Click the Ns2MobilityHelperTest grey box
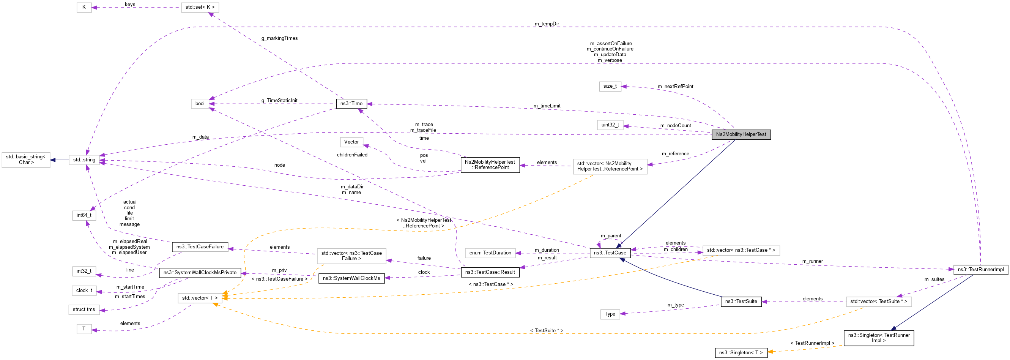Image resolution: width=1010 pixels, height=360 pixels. pos(741,134)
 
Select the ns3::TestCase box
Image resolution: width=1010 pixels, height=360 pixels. pos(610,253)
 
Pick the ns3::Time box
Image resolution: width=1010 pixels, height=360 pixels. pos(351,104)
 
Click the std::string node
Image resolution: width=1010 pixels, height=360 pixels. pos(84,160)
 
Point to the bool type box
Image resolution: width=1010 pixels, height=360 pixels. pos(200,104)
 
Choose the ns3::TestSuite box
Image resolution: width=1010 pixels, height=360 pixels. pos(741,302)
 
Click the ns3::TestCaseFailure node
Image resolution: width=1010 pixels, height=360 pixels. pos(200,247)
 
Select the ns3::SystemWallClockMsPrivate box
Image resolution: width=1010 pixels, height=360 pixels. pos(200,273)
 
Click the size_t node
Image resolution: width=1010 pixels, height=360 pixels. pos(610,86)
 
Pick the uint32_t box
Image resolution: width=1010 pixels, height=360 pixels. pos(610,125)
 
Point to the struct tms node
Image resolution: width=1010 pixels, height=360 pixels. pos(84,310)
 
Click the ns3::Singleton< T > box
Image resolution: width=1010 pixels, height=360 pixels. pos(741,353)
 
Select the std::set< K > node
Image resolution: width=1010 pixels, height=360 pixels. pos(200,8)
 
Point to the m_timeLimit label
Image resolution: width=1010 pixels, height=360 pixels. pos(547,106)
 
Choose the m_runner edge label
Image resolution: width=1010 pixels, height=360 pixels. pos(812,261)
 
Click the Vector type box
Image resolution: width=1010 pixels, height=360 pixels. pos(351,142)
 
